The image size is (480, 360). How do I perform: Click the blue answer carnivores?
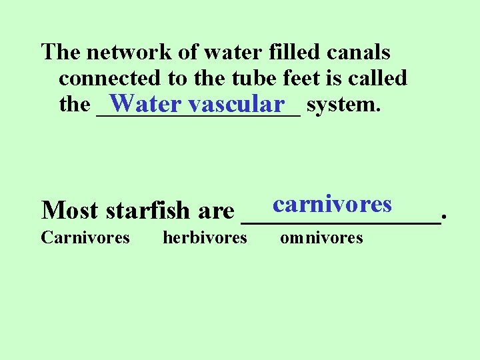332,203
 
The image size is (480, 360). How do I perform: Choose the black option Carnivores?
85,237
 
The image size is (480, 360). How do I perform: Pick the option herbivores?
205,237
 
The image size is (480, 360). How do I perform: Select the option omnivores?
321,237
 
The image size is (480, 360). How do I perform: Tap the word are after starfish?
216,211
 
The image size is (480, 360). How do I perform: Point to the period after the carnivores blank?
444,217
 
